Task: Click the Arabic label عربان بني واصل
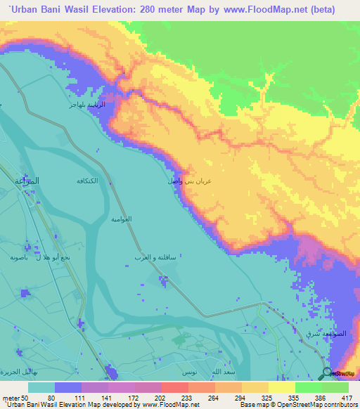click(x=189, y=181)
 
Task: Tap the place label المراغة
click(x=27, y=181)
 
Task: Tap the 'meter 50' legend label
click(x=15, y=397)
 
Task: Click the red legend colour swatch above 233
click(x=175, y=387)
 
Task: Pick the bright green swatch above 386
click(x=308, y=387)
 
